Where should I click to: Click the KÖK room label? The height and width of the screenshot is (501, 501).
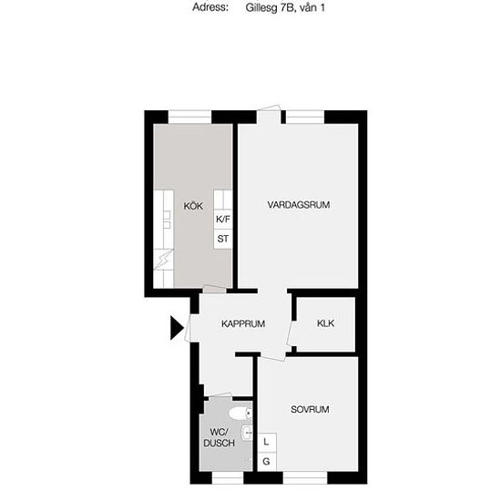(193, 206)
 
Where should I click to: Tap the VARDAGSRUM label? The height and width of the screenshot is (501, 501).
(299, 205)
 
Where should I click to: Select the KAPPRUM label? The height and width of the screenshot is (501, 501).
(243, 323)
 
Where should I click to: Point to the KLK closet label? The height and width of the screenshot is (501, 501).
(325, 323)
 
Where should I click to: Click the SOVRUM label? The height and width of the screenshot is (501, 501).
(310, 409)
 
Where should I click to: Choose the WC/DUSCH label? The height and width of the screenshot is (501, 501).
(219, 438)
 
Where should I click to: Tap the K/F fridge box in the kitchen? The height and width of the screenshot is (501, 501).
(223, 220)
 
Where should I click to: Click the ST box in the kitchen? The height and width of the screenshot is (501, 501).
(223, 239)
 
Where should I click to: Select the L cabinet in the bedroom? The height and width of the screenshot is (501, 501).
(267, 443)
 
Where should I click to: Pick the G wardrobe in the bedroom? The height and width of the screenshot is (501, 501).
(267, 462)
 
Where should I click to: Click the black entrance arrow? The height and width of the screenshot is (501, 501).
(177, 328)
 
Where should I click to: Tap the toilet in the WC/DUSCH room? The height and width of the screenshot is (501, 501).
(240, 414)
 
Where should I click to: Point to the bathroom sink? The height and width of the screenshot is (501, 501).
(247, 433)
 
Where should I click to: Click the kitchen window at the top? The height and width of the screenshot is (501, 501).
(189, 117)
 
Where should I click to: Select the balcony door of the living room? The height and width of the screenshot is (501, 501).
(269, 116)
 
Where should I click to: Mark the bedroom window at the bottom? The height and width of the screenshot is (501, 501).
(305, 477)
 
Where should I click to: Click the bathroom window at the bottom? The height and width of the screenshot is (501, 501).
(228, 477)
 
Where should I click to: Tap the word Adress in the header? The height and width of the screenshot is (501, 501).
(210, 7)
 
